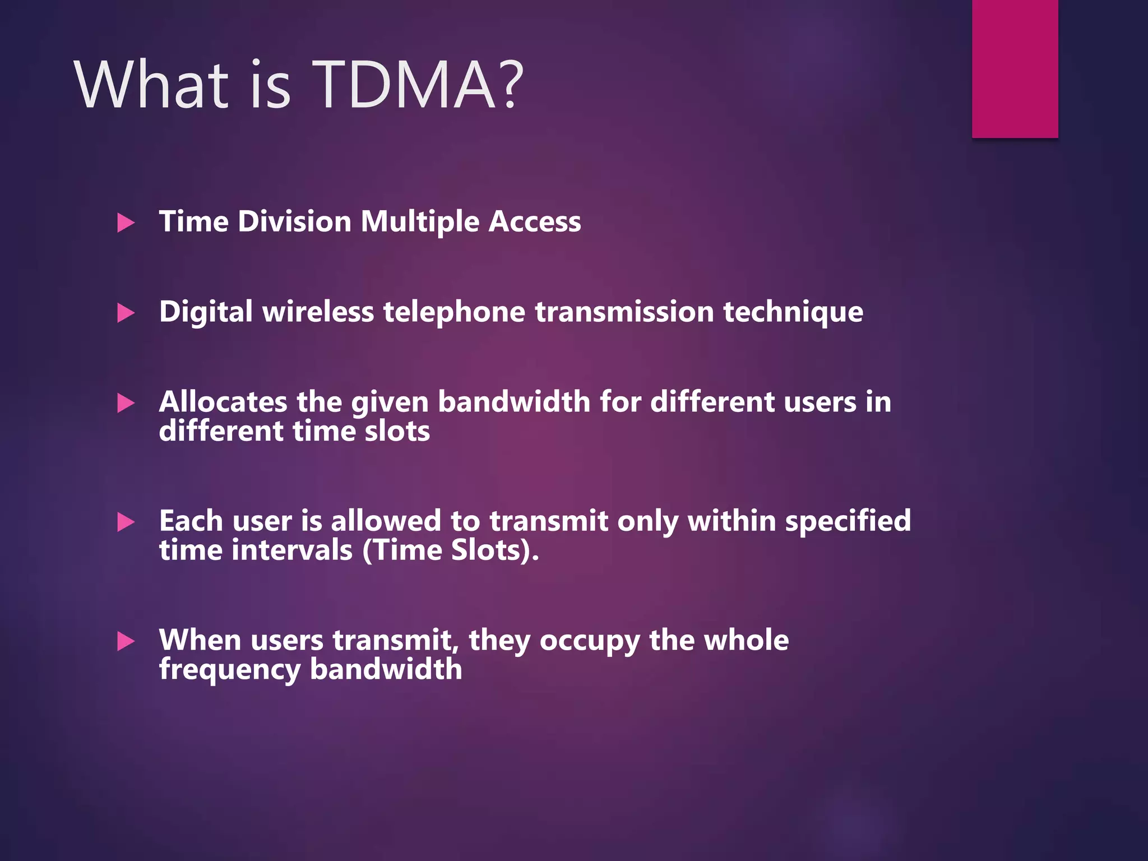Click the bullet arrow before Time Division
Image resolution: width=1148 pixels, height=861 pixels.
[126, 223]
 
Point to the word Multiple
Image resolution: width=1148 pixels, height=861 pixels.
[420, 222]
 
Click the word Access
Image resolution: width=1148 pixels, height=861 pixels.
[535, 222]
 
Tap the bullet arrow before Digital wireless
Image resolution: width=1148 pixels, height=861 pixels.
[126, 313]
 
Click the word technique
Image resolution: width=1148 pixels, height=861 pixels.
[793, 312]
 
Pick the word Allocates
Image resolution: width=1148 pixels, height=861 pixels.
[223, 402]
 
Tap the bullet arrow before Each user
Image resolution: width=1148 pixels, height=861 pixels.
[126, 522]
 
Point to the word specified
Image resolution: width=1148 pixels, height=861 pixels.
[848, 522]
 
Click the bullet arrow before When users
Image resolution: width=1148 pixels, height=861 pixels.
[126, 641]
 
